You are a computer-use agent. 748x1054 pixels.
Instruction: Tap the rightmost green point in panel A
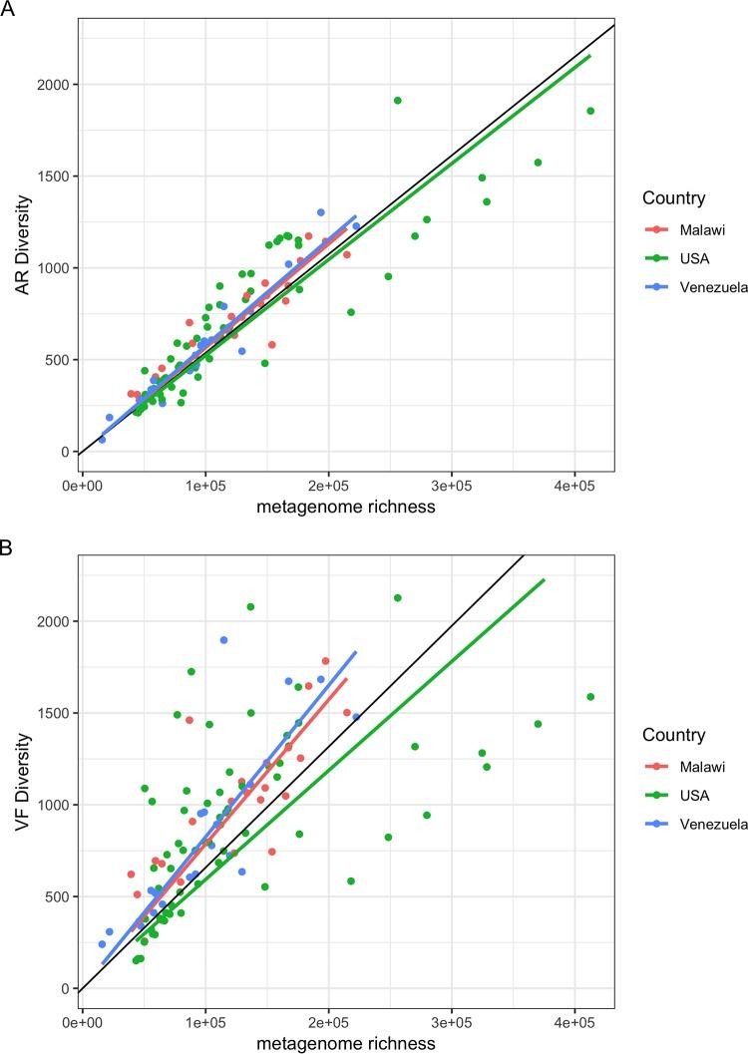click(x=590, y=111)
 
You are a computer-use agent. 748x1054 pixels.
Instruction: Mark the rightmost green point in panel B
click(x=590, y=697)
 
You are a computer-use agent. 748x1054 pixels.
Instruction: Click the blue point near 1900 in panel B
click(x=223, y=640)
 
